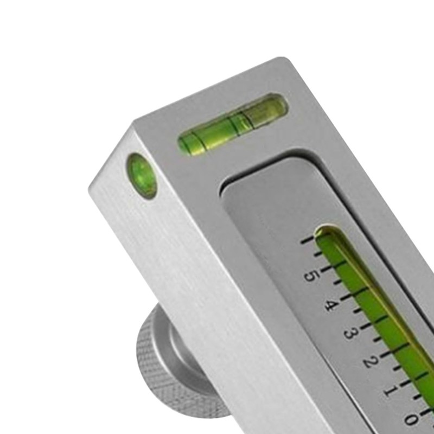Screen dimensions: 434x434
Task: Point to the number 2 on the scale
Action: [x=370, y=361]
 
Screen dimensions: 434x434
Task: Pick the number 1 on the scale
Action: [x=390, y=390]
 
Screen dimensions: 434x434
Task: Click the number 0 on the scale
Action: [x=411, y=419]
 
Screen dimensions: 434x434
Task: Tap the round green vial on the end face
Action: [x=142, y=175]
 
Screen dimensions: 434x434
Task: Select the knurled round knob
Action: [x=163, y=369]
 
